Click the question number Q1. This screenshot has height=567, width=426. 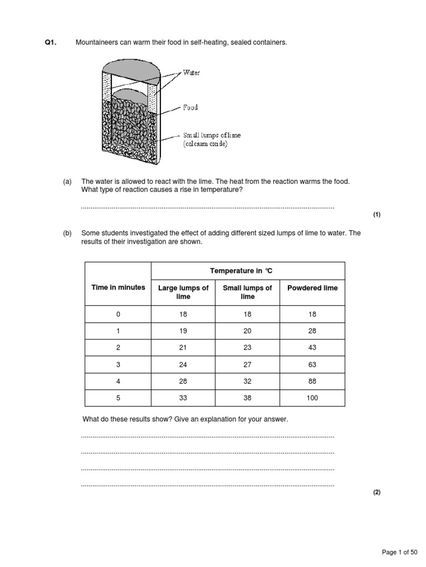click(x=50, y=43)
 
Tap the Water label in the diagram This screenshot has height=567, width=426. click(x=191, y=73)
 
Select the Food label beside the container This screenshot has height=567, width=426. click(x=190, y=107)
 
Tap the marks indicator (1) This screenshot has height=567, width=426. click(x=377, y=215)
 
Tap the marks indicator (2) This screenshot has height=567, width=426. click(x=377, y=492)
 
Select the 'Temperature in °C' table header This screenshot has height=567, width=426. click(x=241, y=271)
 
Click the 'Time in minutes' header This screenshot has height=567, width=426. click(x=118, y=287)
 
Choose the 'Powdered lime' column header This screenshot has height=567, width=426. click(x=312, y=288)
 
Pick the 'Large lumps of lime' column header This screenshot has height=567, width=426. click(x=183, y=292)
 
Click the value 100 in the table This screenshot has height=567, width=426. click(x=312, y=398)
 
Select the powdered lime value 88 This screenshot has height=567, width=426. click(x=312, y=381)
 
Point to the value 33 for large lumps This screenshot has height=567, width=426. click(x=183, y=398)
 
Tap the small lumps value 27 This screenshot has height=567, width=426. click(x=247, y=364)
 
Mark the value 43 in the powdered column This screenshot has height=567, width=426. click(x=312, y=348)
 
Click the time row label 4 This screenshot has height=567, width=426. click(x=118, y=381)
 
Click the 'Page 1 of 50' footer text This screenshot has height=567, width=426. click(x=400, y=552)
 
